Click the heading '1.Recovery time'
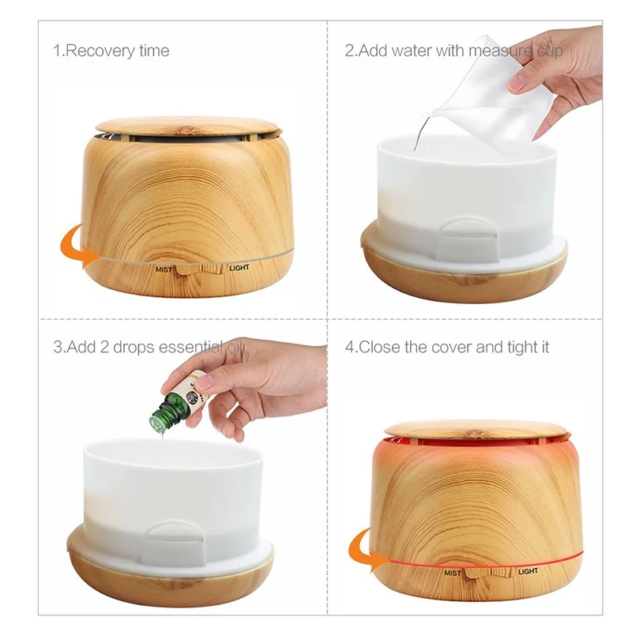tap(111, 51)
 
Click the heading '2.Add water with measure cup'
tap(453, 51)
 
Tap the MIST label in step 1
tap(164, 269)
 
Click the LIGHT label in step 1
tap(239, 268)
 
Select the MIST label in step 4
tap(453, 572)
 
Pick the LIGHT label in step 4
tap(528, 571)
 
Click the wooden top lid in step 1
tap(188, 126)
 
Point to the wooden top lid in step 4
tap(476, 430)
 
